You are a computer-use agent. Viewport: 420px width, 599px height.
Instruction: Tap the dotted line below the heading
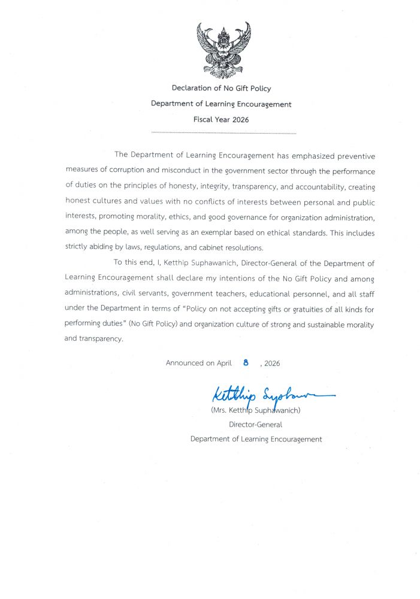(223, 133)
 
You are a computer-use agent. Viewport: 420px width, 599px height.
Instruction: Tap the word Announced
(185, 363)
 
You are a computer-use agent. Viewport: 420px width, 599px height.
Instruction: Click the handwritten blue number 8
(246, 362)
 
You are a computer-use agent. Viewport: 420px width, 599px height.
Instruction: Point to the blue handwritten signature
(270, 395)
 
